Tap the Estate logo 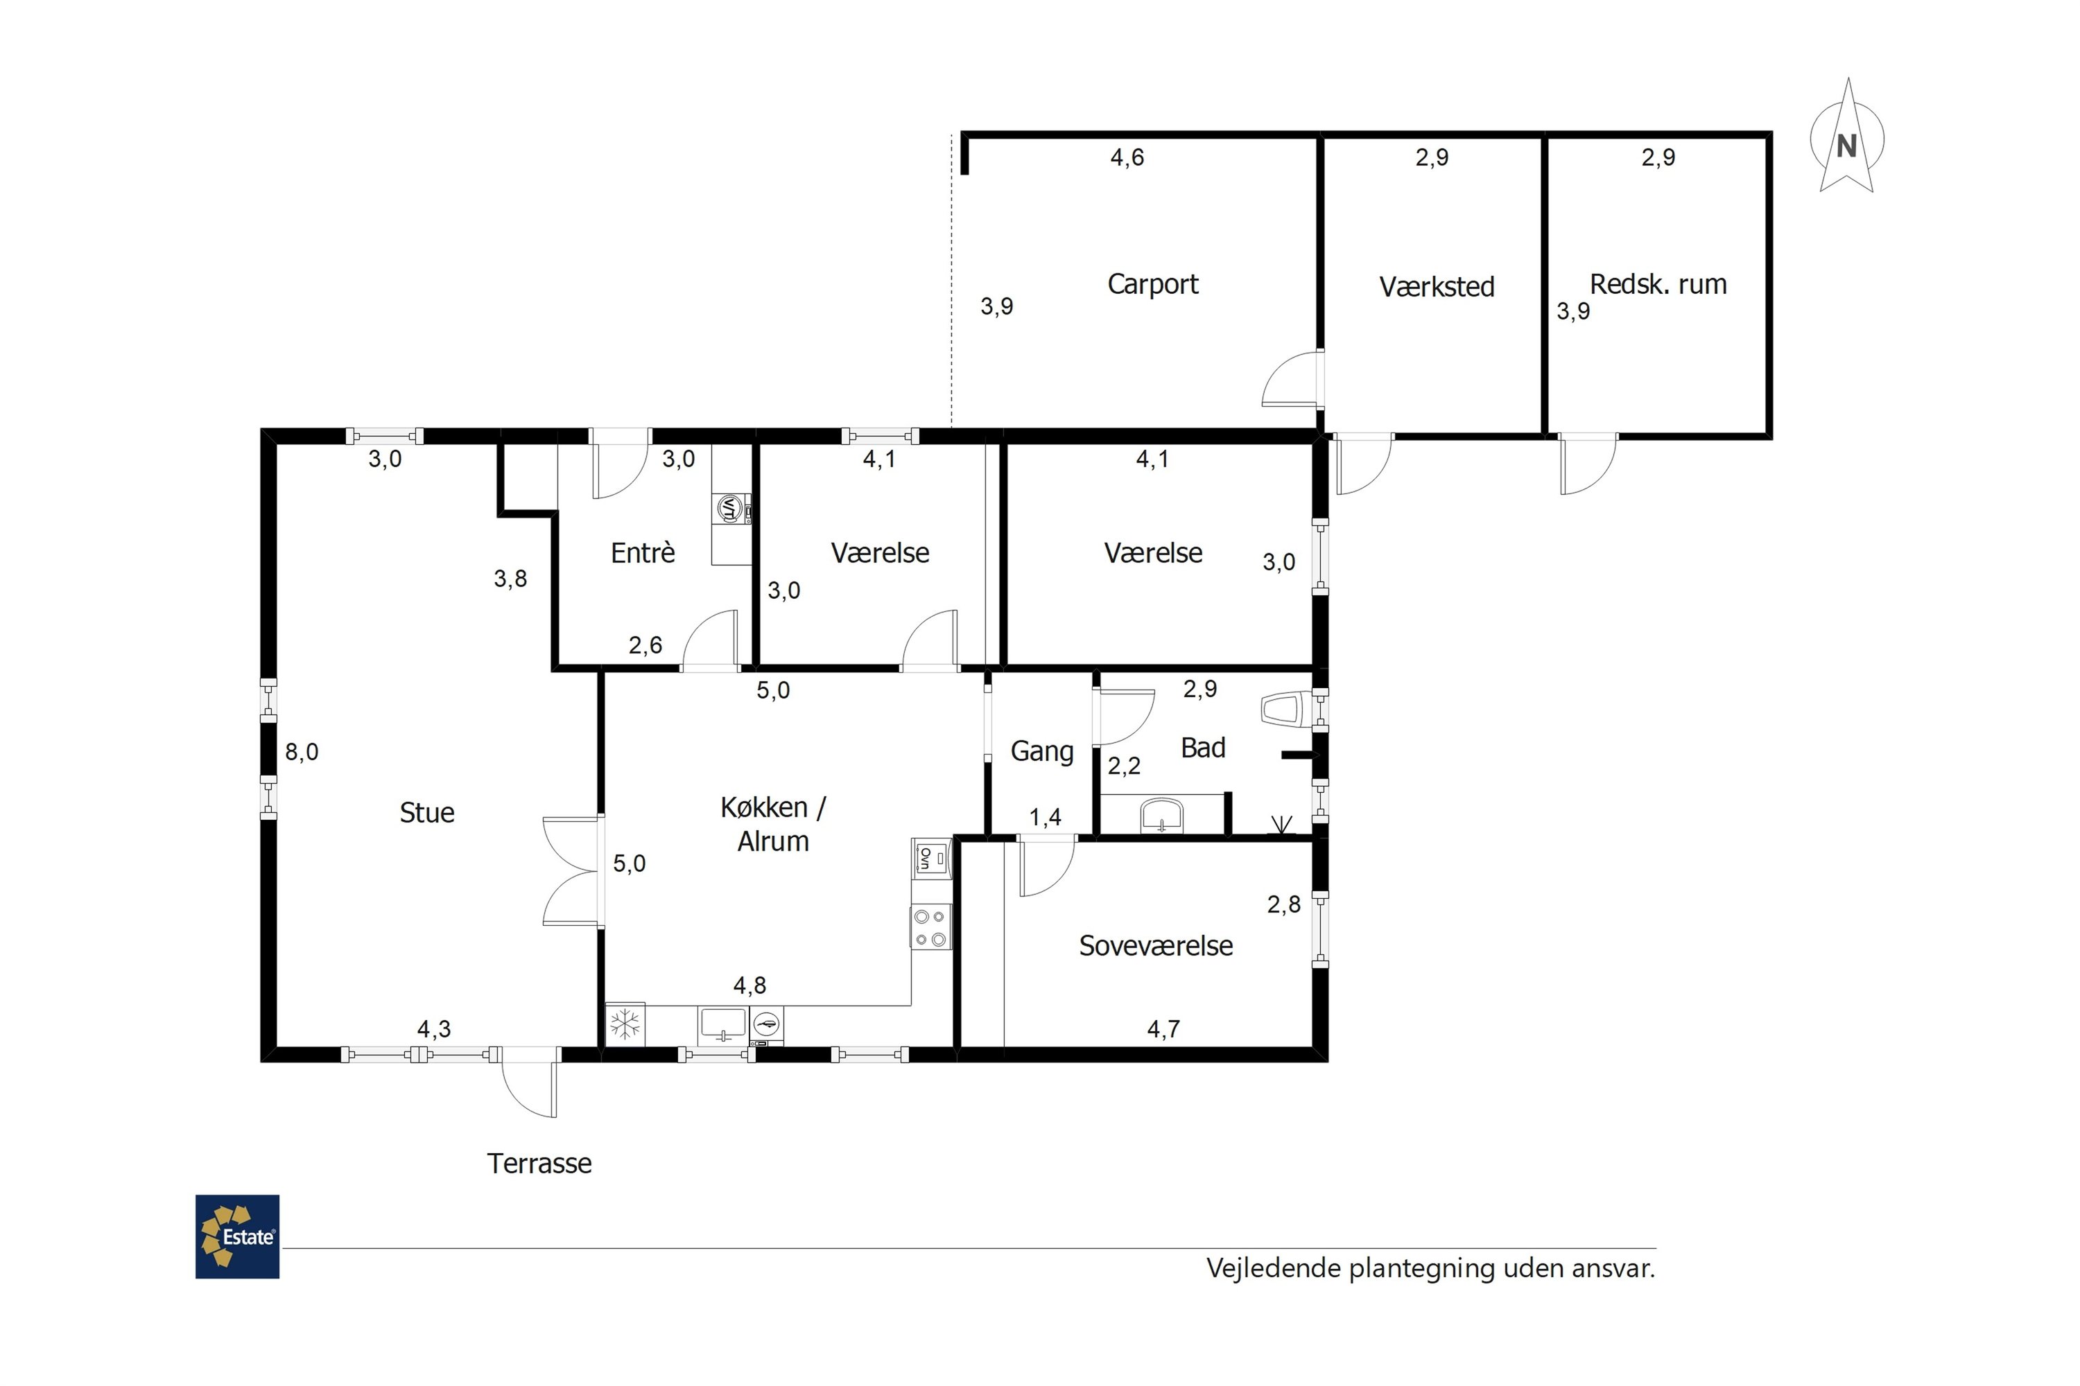click(237, 1236)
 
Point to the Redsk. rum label click(1658, 283)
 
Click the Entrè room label click(643, 552)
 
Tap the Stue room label click(427, 812)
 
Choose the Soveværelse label click(1156, 946)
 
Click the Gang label click(1042, 751)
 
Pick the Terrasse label click(539, 1164)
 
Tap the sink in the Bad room click(1162, 815)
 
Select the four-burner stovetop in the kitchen click(931, 927)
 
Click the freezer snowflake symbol click(625, 1024)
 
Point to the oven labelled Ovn click(932, 859)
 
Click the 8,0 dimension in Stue click(302, 752)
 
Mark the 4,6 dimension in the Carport click(1127, 157)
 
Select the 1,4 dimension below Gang click(1046, 818)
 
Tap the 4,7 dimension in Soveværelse click(1164, 1029)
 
